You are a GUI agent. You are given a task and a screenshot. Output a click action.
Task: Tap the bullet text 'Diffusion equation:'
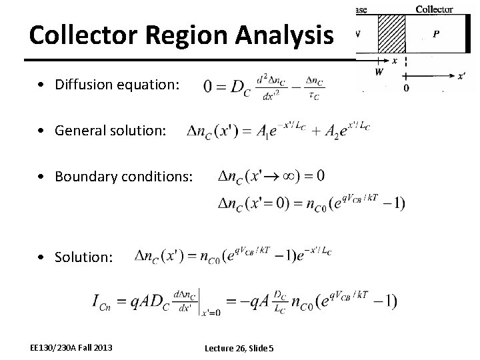pos(117,85)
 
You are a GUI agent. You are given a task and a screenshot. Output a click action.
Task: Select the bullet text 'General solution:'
pos(111,131)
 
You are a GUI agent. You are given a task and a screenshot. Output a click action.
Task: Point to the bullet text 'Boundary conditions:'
pos(124,177)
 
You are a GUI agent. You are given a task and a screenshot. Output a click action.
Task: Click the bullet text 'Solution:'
pos(84,257)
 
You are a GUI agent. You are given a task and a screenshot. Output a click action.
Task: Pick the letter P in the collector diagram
pos(435,34)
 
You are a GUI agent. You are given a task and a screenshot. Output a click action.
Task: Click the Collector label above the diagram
pos(434,9)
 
